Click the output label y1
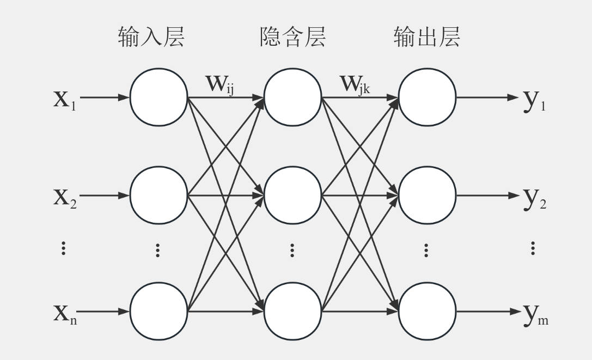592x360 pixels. point(534,101)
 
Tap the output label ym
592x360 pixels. point(535,315)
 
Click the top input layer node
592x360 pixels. point(158,98)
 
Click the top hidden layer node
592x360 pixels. point(293,98)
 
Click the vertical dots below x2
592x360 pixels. point(64,249)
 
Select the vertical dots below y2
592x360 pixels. point(532,249)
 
